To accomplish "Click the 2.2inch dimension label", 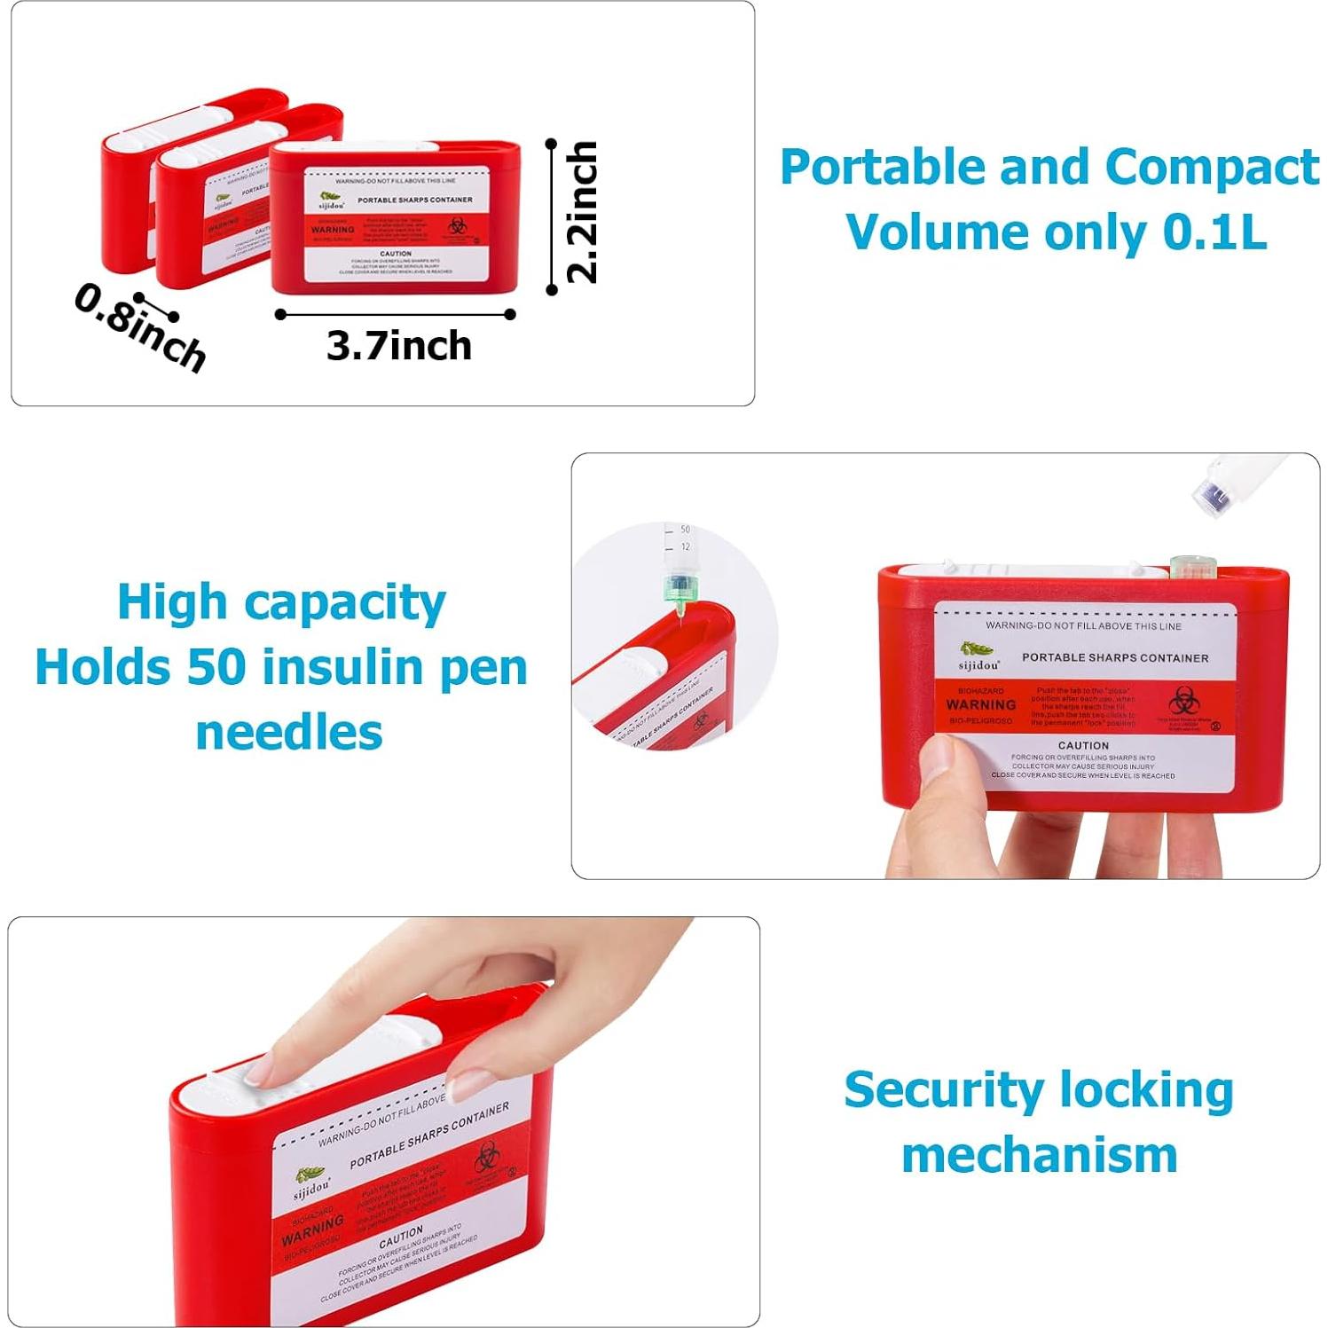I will click(x=582, y=213).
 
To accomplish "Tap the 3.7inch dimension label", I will click(x=398, y=346).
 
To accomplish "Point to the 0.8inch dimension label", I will click(x=140, y=326).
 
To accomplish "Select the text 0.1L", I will click(x=1214, y=232).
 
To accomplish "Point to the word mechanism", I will click(x=1039, y=1155).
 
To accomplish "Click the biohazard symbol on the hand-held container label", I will click(x=1183, y=702).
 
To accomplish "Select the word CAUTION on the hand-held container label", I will click(x=1083, y=745).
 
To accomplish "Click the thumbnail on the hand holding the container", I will click(x=937, y=757).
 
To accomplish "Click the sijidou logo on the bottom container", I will click(x=311, y=1185).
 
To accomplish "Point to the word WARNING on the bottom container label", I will click(x=313, y=1230).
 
